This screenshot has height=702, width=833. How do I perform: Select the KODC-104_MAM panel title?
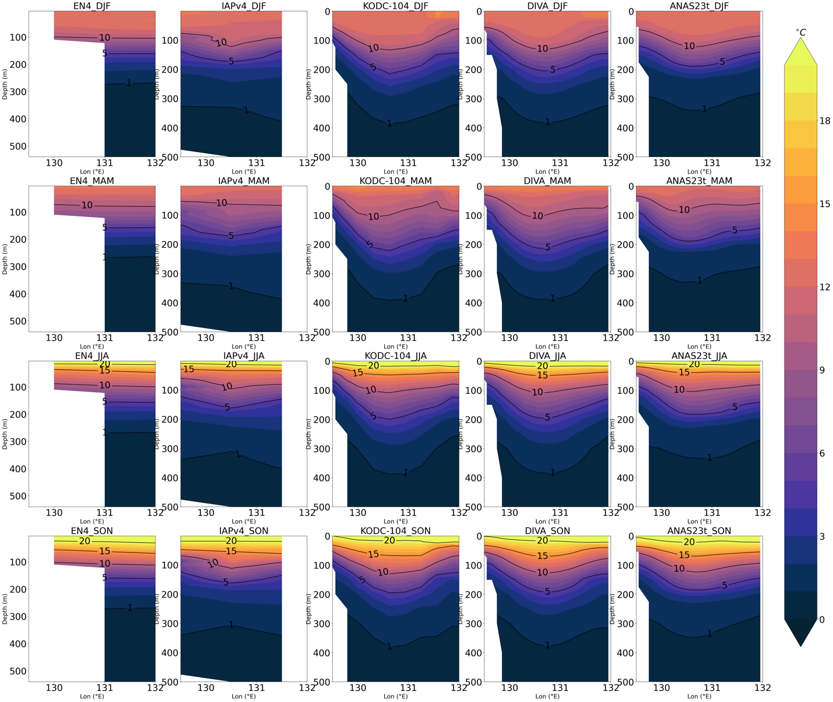[x=395, y=181]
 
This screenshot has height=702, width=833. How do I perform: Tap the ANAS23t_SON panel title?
[x=699, y=531]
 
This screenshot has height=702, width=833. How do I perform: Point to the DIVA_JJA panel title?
[x=547, y=356]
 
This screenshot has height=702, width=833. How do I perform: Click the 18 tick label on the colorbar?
[x=825, y=121]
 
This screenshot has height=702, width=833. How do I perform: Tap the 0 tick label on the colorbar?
[x=822, y=620]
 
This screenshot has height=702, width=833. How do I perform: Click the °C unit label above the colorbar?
[x=801, y=33]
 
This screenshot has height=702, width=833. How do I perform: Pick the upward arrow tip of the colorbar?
[x=801, y=47]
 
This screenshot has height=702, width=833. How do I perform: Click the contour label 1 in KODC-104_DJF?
[x=389, y=124]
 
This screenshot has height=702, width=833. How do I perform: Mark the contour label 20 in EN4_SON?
[x=85, y=541]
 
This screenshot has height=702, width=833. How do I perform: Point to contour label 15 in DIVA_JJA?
[x=543, y=375]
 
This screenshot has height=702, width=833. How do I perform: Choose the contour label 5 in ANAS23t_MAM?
[x=734, y=230]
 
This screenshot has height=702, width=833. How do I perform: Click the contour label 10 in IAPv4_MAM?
[x=222, y=203]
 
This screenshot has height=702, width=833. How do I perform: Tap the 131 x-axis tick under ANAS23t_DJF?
[x=711, y=163]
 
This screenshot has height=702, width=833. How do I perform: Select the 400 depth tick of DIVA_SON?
[x=473, y=652]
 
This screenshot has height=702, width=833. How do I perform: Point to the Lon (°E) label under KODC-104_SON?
[x=395, y=696]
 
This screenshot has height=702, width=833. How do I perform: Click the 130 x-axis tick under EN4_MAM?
[x=54, y=337]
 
